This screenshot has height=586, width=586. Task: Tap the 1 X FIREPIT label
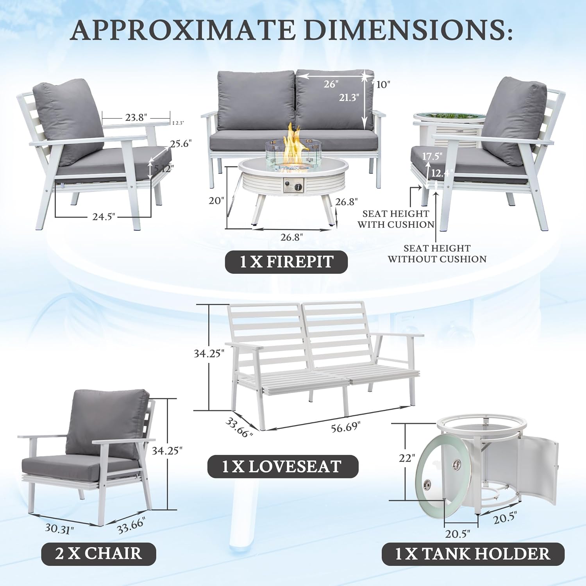286,262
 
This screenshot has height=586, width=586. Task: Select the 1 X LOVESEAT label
282,466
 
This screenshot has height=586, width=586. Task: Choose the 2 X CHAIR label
98,554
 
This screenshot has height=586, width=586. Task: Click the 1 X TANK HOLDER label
473,554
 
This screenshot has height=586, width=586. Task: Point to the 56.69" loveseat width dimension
345,427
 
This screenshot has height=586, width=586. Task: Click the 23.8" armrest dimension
136,117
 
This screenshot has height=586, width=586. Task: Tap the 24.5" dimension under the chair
104,216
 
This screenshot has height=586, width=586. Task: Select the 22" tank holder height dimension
407,457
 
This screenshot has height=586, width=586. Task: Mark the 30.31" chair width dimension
59,529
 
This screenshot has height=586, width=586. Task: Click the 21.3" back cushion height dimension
348,97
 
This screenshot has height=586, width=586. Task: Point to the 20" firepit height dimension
216,200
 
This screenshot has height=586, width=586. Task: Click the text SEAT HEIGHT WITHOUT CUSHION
437,254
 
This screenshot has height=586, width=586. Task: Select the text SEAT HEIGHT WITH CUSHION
395,219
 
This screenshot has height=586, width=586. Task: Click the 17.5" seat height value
432,156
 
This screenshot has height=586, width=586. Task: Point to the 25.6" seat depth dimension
180,144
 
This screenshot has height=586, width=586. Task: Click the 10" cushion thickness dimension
383,84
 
